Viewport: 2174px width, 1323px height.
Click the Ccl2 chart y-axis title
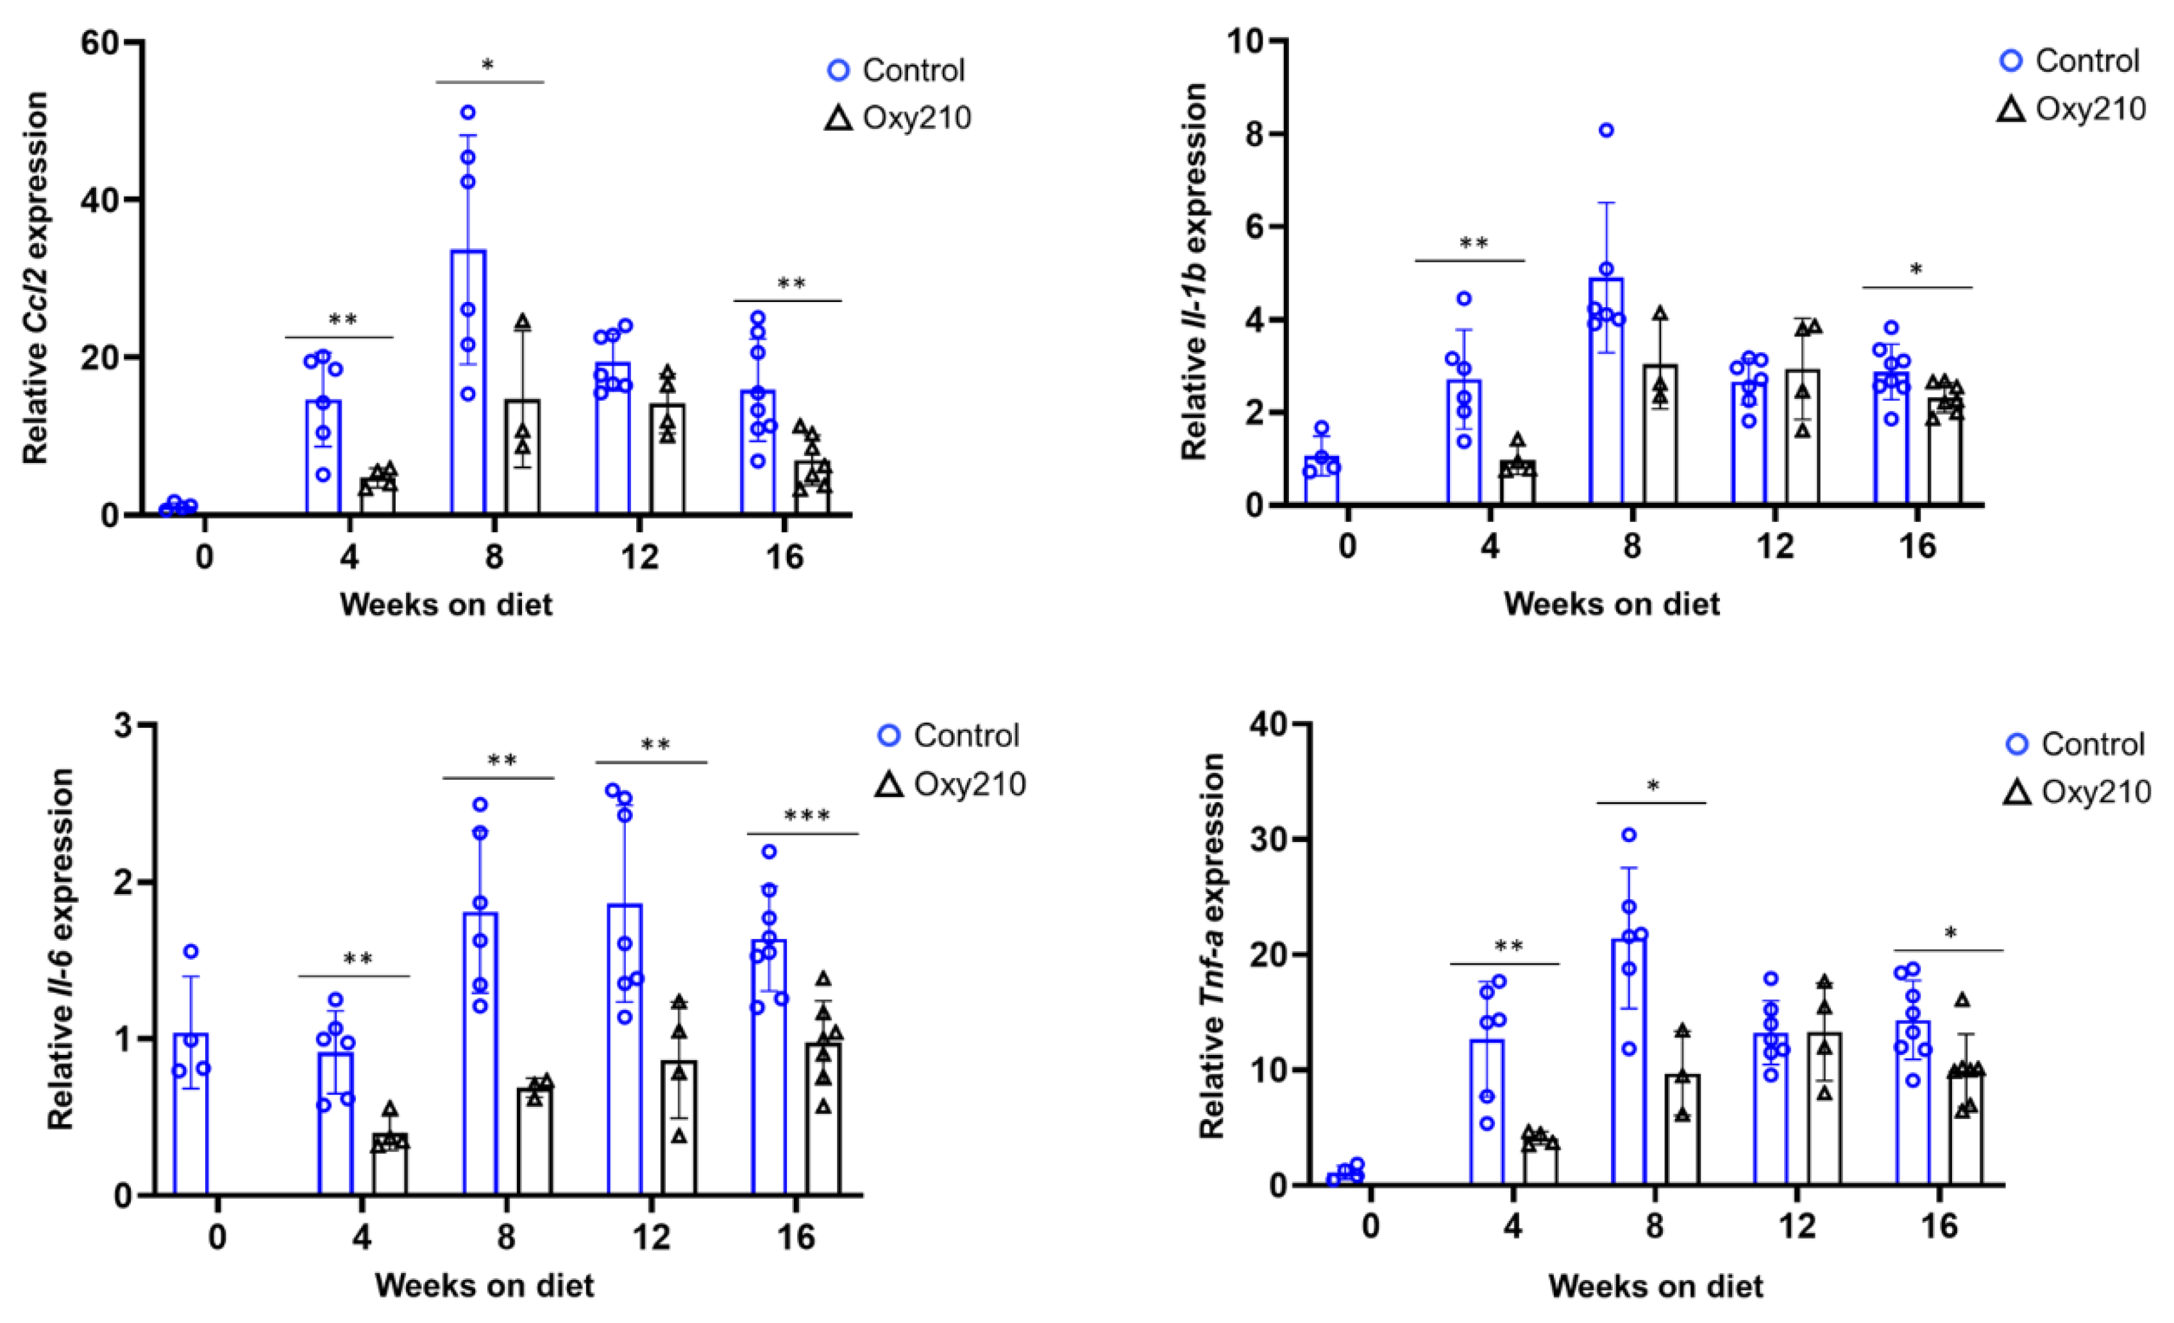coord(35,278)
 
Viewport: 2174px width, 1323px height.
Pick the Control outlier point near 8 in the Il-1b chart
coord(1606,131)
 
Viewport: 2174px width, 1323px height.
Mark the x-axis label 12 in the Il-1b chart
coord(1775,546)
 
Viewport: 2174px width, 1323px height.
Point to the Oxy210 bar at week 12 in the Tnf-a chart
coord(1824,1108)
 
